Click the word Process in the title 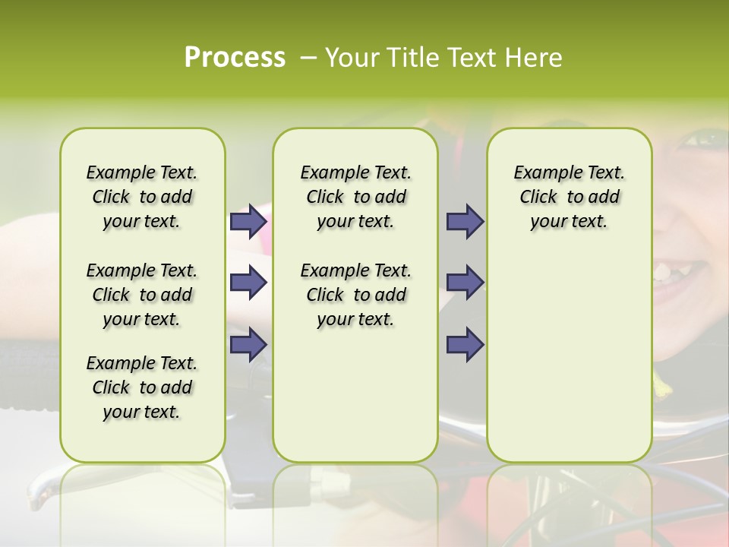(235, 58)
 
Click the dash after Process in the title (308, 58)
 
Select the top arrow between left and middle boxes (248, 222)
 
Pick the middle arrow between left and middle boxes (248, 283)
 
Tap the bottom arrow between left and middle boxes (248, 344)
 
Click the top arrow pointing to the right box (465, 222)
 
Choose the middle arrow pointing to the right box (465, 283)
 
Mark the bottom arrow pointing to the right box (465, 344)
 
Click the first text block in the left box (142, 197)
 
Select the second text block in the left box (142, 295)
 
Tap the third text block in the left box (142, 387)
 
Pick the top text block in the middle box (355, 197)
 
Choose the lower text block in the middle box (355, 295)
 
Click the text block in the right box (569, 197)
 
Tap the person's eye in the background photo (706, 139)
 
